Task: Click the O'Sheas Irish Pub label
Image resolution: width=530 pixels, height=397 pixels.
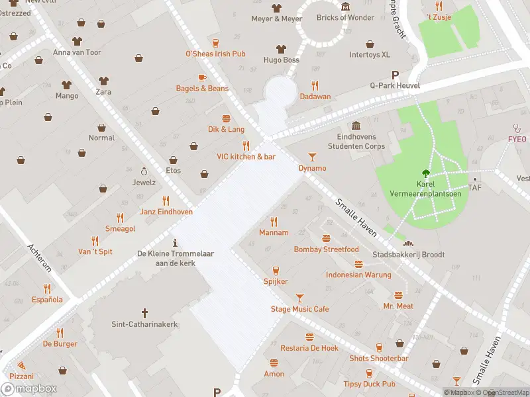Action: tap(215, 54)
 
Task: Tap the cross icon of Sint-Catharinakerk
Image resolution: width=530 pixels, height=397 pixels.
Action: tap(145, 312)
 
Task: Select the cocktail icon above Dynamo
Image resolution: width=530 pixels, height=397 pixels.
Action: tap(312, 156)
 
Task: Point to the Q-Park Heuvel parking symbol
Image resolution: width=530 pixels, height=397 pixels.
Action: tap(396, 75)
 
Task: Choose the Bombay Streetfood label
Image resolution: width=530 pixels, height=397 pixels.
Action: tap(326, 249)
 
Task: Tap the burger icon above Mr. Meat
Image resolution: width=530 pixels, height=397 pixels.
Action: tap(398, 295)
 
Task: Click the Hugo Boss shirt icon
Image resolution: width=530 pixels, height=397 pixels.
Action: tap(281, 48)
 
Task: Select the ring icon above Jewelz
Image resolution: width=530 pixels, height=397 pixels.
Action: tap(144, 171)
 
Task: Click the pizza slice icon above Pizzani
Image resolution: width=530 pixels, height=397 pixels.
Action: tap(22, 365)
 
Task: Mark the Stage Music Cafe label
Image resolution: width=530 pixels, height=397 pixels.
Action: tap(299, 309)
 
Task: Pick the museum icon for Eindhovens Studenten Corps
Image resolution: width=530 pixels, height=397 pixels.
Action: tap(356, 126)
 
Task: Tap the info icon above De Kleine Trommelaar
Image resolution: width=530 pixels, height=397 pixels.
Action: tap(175, 242)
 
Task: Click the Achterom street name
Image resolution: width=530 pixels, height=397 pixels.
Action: tap(39, 257)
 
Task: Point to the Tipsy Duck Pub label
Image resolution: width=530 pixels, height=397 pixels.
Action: tap(369, 384)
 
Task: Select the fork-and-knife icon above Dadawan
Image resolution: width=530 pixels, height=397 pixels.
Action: tap(315, 85)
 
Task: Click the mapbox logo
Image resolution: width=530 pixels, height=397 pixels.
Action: tap(29, 389)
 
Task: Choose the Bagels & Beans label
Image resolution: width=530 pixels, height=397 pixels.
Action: tap(202, 89)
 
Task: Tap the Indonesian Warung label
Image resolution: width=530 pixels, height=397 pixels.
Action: tap(358, 275)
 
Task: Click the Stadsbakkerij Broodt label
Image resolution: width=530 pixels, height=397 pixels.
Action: tap(408, 255)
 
